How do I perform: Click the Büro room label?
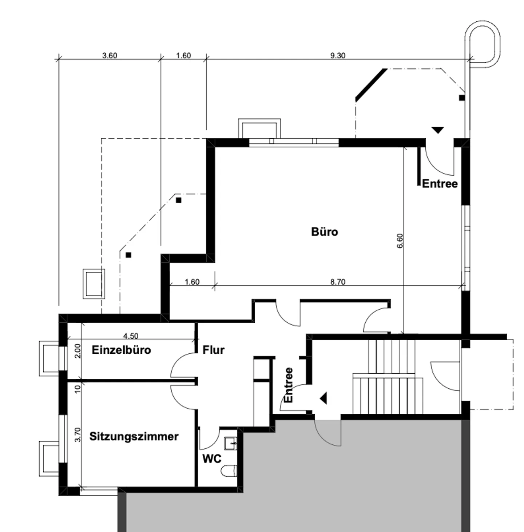324,232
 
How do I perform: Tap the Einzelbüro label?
121,350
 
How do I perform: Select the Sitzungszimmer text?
134,436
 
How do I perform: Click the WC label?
211,458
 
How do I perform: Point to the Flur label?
213,350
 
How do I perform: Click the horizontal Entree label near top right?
440,184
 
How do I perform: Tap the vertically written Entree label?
288,385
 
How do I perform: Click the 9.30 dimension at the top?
338,56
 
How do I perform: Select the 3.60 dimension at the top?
110,56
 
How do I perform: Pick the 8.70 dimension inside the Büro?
338,282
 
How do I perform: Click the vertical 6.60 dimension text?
400,241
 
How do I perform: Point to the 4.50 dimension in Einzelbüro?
131,336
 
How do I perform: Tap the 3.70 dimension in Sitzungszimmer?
77,434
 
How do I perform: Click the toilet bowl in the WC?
229,471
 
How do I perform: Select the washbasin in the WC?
231,444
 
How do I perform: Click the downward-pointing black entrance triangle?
437,130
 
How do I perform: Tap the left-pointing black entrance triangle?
323,398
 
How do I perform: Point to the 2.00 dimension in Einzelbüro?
77,351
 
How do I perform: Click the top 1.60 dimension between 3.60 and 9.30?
183,56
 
